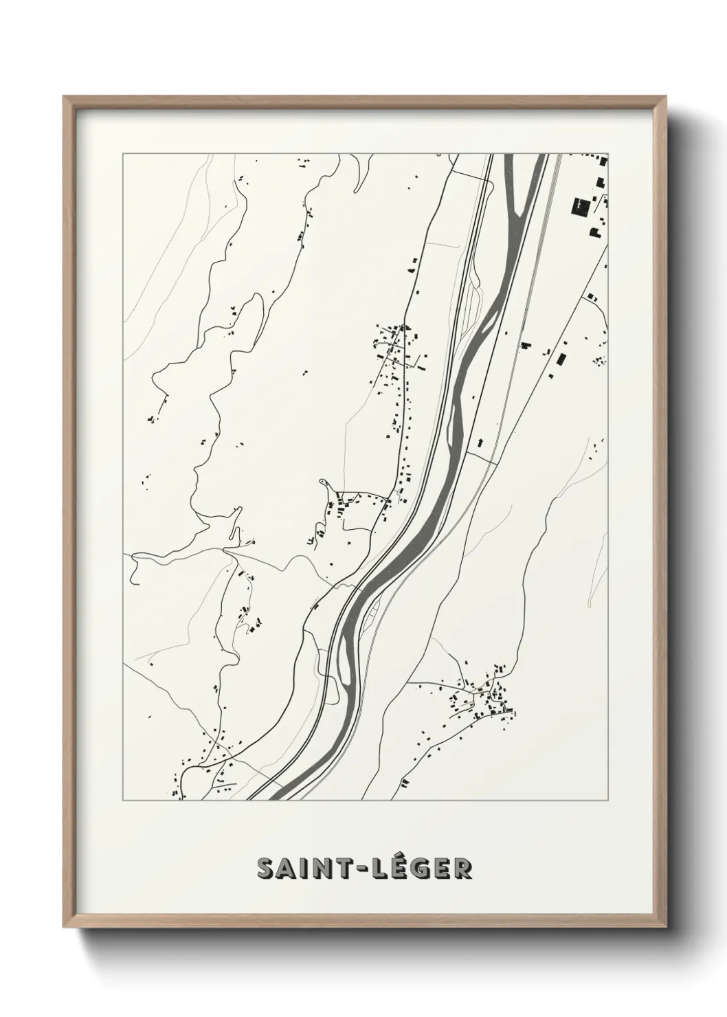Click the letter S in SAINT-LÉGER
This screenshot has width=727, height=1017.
pyautogui.click(x=267, y=869)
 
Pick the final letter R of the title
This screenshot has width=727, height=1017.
pyautogui.click(x=462, y=869)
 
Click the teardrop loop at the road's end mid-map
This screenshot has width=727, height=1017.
pyautogui.click(x=324, y=485)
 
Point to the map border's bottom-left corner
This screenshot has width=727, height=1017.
pyautogui.click(x=123, y=801)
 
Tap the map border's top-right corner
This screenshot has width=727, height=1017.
pyautogui.click(x=609, y=153)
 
